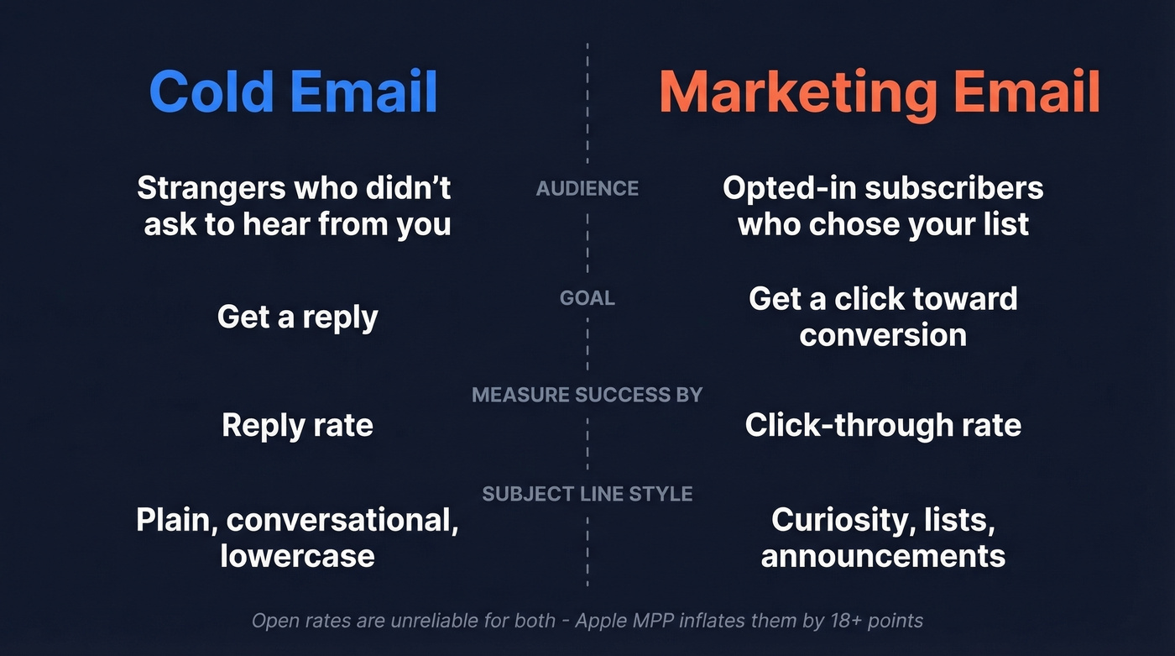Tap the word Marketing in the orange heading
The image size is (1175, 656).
click(x=797, y=92)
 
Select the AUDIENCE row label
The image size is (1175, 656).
click(x=587, y=189)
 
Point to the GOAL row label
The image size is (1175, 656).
click(x=587, y=298)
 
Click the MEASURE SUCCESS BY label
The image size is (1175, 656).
click(x=587, y=395)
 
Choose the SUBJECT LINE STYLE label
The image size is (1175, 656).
click(x=587, y=494)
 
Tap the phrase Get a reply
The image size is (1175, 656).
click(x=297, y=318)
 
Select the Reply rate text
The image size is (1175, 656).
click(x=297, y=425)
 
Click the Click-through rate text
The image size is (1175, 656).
click(x=883, y=425)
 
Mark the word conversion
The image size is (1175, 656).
click(x=883, y=335)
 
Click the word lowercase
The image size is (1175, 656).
click(x=297, y=556)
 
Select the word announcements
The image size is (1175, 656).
click(x=883, y=556)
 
